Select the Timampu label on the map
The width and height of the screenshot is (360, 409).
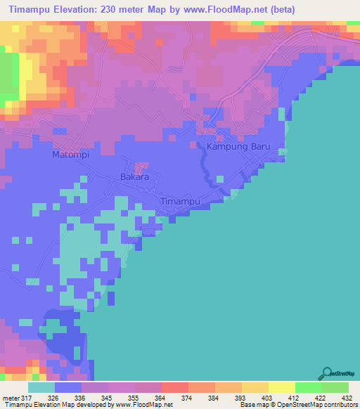tap(182, 201)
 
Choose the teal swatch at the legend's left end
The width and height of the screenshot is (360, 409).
tap(41, 387)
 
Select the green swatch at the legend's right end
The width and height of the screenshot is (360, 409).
tap(335, 387)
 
